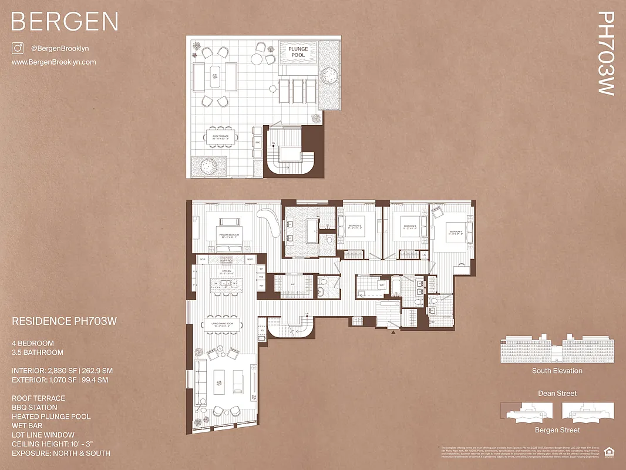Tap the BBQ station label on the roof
(x=257, y=142)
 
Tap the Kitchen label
(x=227, y=273)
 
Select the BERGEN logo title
(x=65, y=22)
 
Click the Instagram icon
(x=18, y=49)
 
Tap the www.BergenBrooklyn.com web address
(x=53, y=62)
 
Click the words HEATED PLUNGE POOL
(x=51, y=417)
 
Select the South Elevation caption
(x=557, y=371)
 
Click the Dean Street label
(x=557, y=393)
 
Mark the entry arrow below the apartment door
(x=393, y=332)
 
